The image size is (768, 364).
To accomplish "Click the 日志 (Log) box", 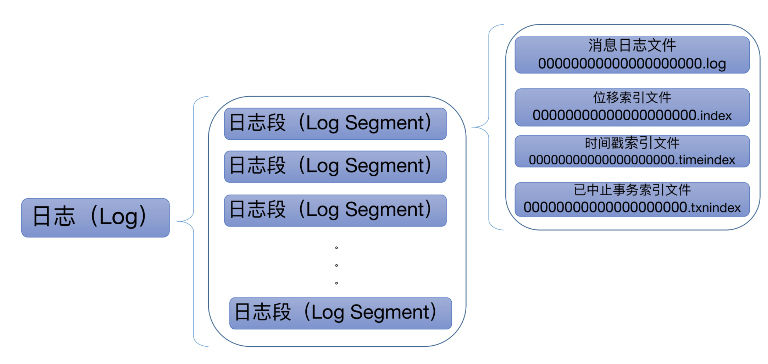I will pyautogui.click(x=95, y=217).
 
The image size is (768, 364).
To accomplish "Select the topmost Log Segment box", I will pyautogui.click(x=335, y=124).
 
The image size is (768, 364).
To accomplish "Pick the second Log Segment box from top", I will pyautogui.click(x=335, y=166).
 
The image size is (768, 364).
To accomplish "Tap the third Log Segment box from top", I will pyautogui.click(x=335, y=210).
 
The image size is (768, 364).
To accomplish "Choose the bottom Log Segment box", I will pyautogui.click(x=340, y=313).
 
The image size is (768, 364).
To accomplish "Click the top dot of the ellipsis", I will pyautogui.click(x=336, y=248).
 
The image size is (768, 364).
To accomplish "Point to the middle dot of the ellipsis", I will pyautogui.click(x=336, y=265).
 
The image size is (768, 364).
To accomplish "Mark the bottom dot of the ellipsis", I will pyautogui.click(x=336, y=283).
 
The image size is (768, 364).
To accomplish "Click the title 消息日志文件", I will pyautogui.click(x=632, y=46).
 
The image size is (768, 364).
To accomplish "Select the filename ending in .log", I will pyautogui.click(x=632, y=64).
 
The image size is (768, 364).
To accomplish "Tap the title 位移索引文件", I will pyautogui.click(x=632, y=98).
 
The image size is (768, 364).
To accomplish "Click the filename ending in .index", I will pyautogui.click(x=632, y=115).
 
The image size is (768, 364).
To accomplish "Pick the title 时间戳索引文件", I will pyautogui.click(x=632, y=143).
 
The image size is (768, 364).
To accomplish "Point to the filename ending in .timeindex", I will pyautogui.click(x=632, y=160).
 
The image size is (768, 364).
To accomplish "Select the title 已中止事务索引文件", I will pyautogui.click(x=632, y=190).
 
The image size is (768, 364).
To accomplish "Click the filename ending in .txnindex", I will pyautogui.click(x=632, y=208).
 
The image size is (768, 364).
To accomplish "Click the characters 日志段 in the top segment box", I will pyautogui.click(x=258, y=123).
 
